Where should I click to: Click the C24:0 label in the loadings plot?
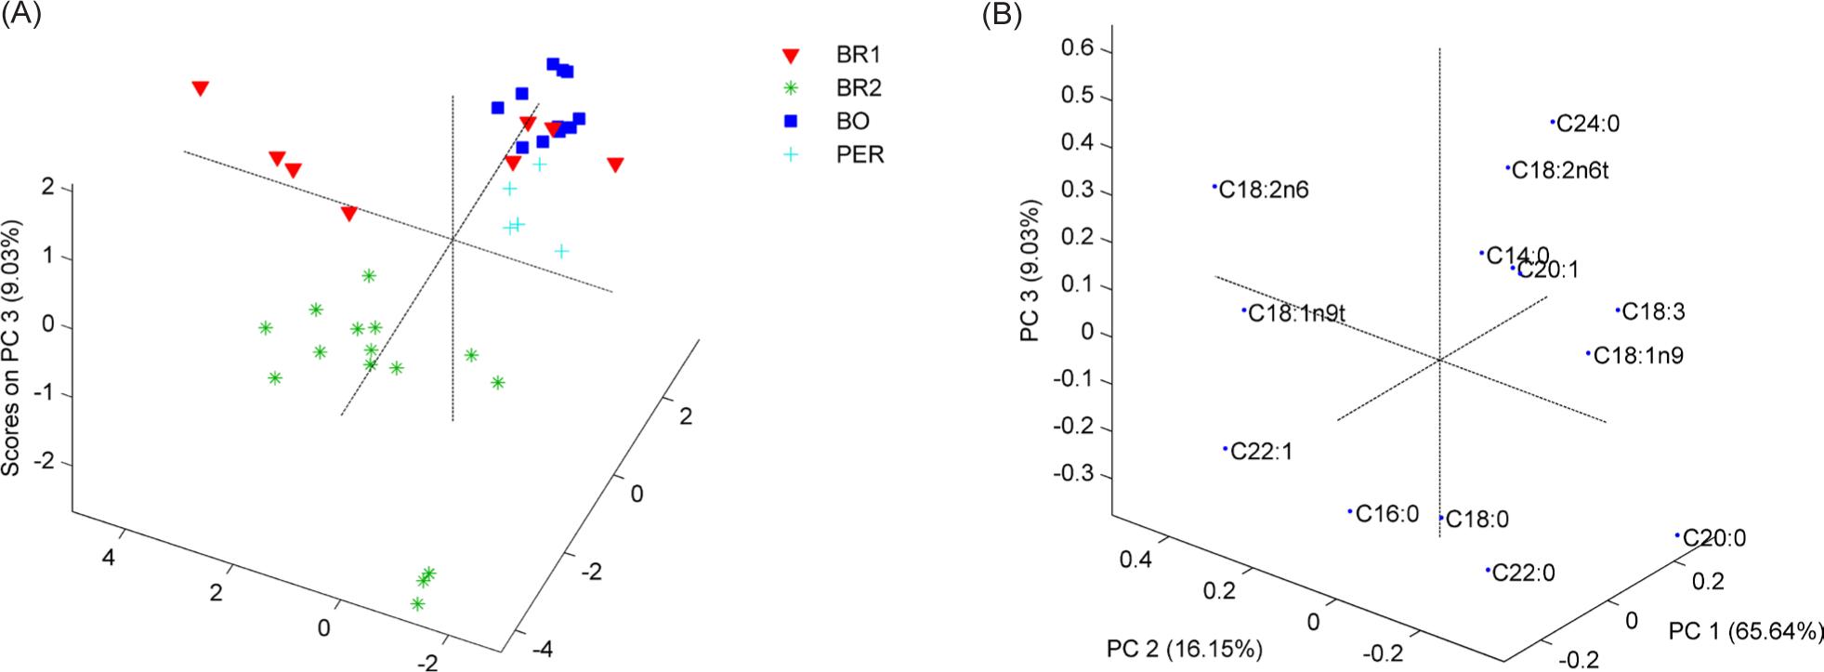point(1588,124)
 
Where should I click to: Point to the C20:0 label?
point(1714,537)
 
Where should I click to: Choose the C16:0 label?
point(1386,513)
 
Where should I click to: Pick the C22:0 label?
point(1523,573)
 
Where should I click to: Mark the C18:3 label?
point(1653,312)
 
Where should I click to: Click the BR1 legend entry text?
point(858,55)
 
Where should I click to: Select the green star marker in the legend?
point(791,88)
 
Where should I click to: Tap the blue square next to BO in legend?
point(791,121)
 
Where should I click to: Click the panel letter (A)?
point(21,16)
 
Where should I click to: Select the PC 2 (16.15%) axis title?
point(1184,648)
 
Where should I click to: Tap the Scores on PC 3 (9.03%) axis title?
point(12,349)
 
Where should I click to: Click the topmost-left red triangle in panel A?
point(200,88)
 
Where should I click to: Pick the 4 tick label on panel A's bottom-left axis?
point(108,558)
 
